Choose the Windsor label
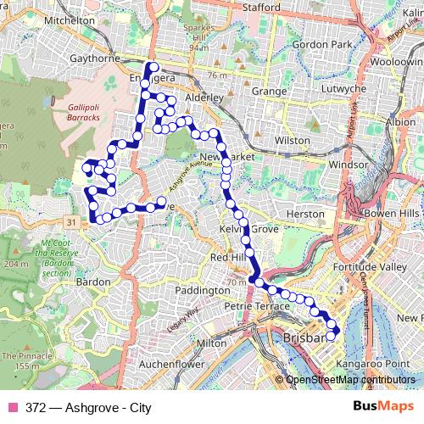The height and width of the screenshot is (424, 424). [348, 164]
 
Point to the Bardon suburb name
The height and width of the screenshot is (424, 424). [93, 282]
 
